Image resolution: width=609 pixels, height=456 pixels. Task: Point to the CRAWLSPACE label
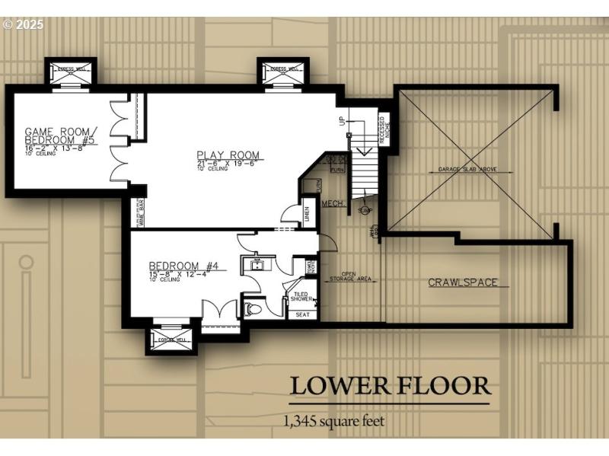pyautogui.click(x=462, y=282)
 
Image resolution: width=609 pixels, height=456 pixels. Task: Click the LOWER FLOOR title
pyautogui.click(x=389, y=386)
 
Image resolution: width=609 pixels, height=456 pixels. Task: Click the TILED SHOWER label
pyautogui.click(x=301, y=296)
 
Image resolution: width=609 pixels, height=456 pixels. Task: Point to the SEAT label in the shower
pyautogui.click(x=302, y=314)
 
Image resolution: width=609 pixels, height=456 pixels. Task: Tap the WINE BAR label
pyautogui.click(x=142, y=214)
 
